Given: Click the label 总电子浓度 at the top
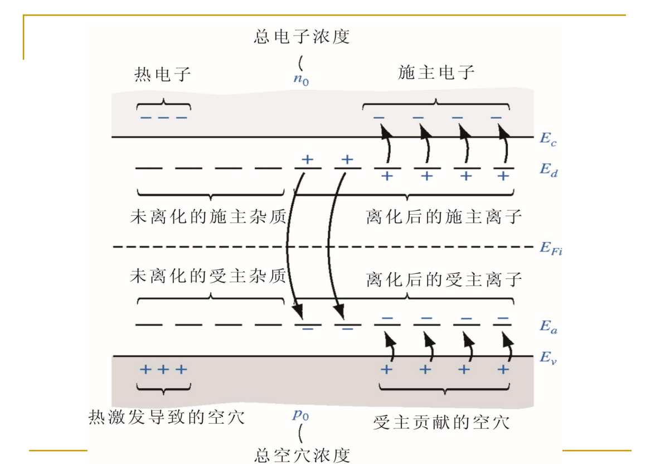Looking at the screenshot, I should (x=302, y=37).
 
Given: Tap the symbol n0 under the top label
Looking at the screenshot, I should (x=301, y=79).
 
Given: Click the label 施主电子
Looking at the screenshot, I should (x=436, y=72).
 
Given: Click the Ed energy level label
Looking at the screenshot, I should (x=548, y=170).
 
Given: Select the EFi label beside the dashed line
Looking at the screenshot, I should (x=551, y=248).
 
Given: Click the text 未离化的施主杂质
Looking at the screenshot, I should (x=207, y=216).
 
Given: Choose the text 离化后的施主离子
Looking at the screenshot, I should (x=444, y=216).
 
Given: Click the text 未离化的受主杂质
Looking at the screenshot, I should (x=207, y=275).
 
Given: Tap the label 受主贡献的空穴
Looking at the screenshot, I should (x=441, y=422).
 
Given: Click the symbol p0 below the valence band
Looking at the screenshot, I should (x=300, y=415).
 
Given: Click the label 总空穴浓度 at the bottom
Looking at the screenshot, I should (x=302, y=455).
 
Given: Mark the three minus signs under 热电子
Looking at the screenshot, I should (x=164, y=118).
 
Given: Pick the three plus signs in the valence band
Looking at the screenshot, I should (x=163, y=369).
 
